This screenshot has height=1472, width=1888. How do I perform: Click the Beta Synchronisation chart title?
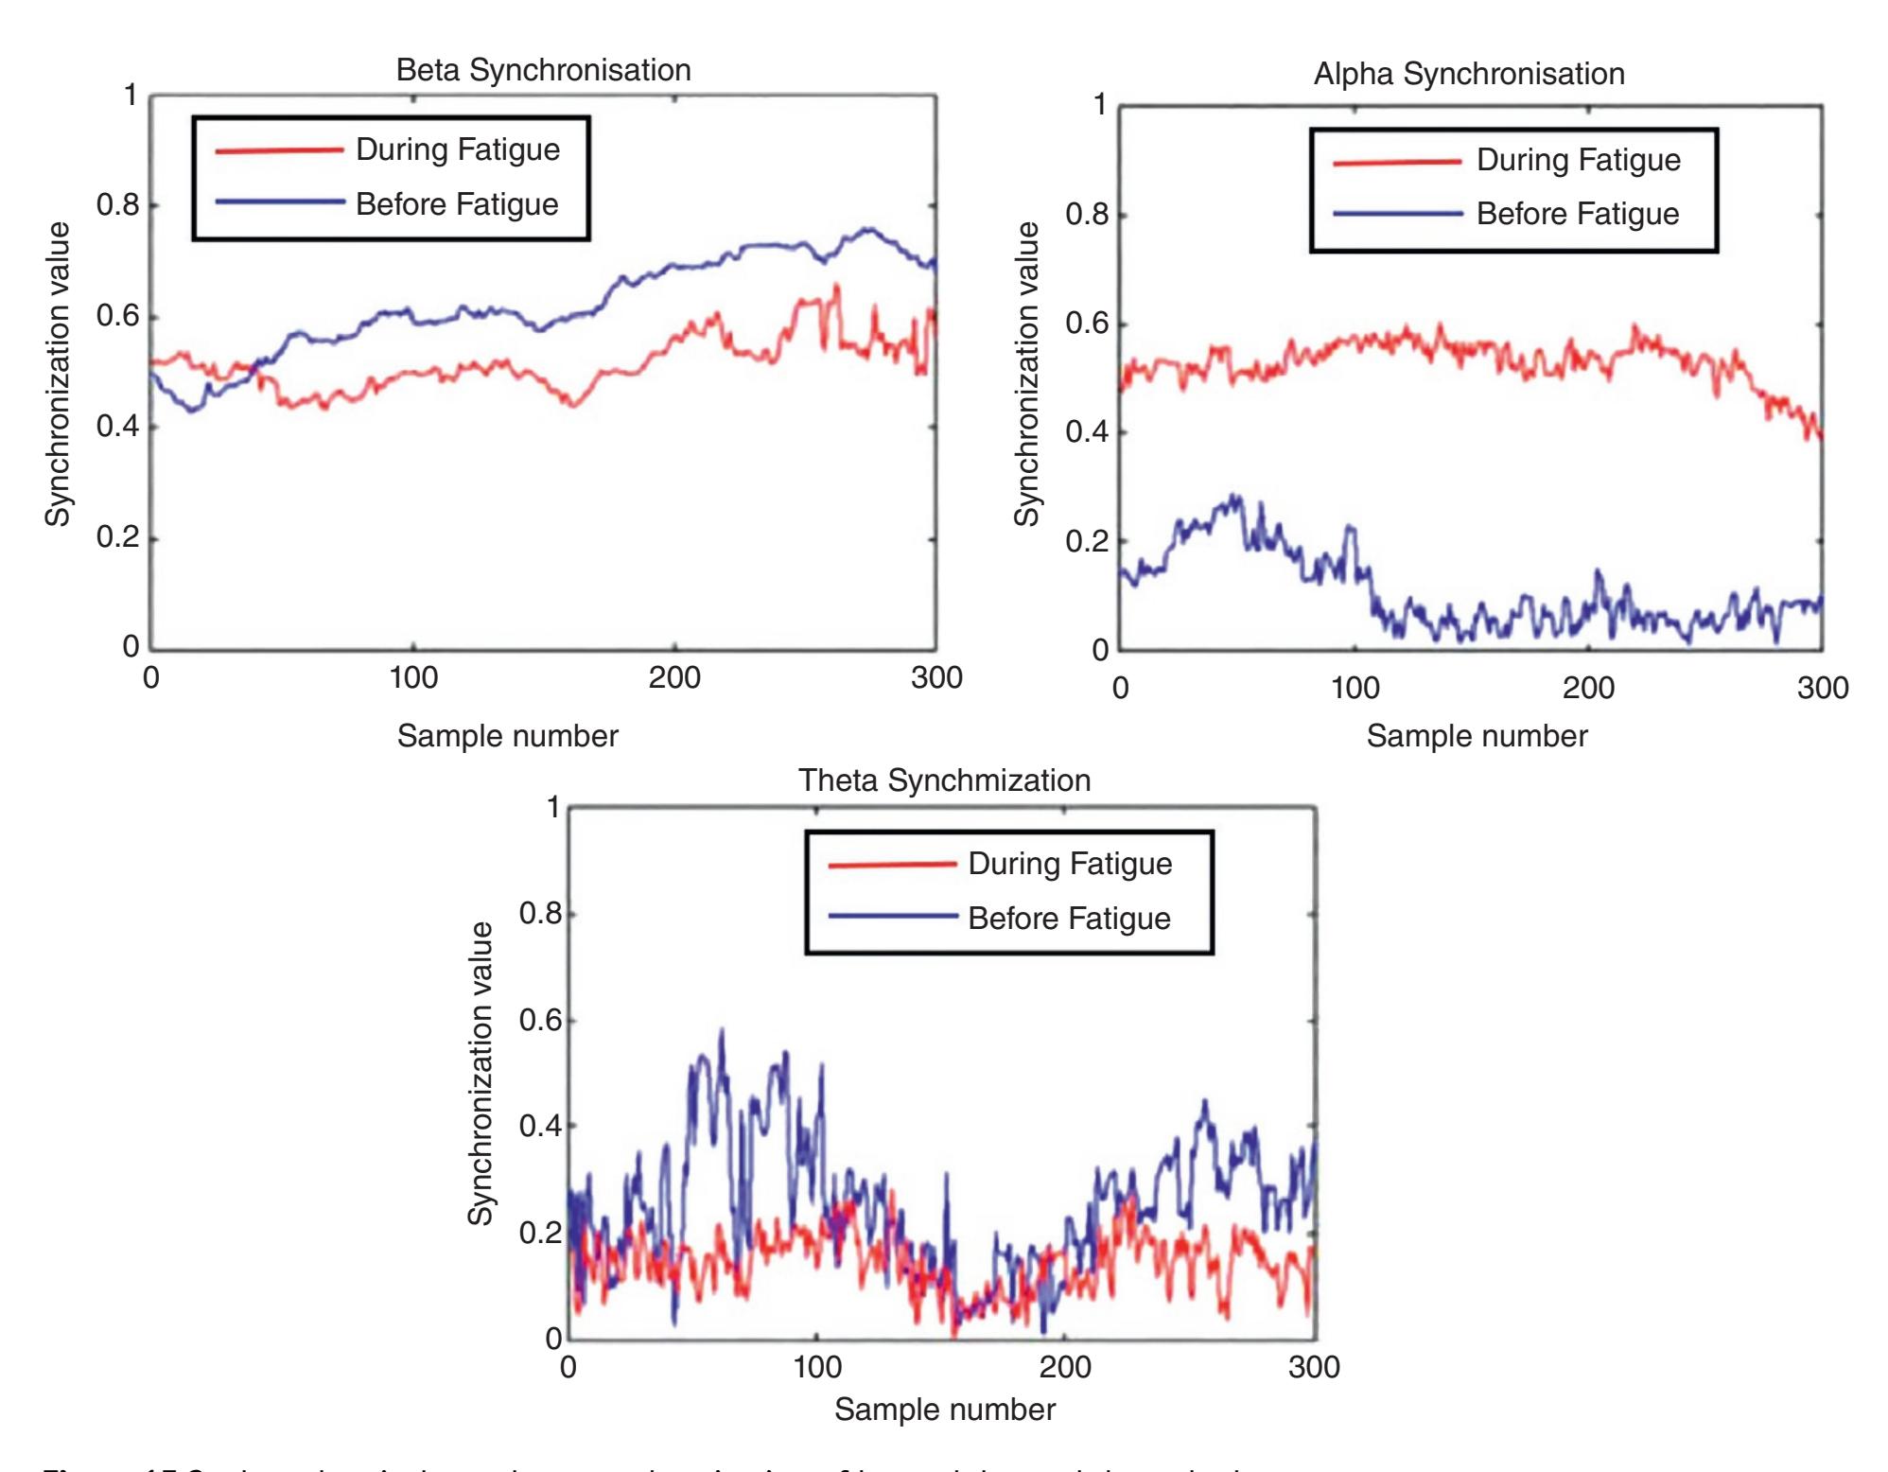click(543, 70)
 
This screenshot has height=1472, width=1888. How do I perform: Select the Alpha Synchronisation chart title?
click(1468, 74)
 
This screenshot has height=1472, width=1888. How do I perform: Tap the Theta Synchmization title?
click(944, 780)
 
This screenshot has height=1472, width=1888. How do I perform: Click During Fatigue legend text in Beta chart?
click(458, 149)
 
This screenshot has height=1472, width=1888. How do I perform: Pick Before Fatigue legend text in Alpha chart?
click(1578, 214)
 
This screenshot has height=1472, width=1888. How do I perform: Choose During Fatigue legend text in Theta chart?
click(1070, 864)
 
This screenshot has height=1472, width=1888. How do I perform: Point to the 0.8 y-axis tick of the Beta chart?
click(117, 205)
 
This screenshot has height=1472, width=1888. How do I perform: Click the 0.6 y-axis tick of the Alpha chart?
click(1086, 324)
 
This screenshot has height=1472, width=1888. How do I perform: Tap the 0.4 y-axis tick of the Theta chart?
click(540, 1127)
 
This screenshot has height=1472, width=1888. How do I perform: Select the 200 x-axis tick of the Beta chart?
click(674, 677)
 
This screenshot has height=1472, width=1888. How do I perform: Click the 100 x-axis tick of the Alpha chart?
click(1355, 688)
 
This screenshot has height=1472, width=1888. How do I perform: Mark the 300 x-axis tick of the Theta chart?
click(1314, 1367)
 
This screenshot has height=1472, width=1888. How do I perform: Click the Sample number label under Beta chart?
click(507, 736)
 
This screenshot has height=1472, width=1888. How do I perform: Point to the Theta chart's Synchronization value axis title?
click(481, 1073)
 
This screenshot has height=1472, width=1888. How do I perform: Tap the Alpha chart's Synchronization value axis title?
click(1026, 373)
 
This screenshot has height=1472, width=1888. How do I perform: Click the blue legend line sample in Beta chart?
click(278, 202)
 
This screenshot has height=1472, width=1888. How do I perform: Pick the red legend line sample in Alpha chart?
click(1396, 162)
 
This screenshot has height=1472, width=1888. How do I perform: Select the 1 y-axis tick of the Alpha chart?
click(1099, 105)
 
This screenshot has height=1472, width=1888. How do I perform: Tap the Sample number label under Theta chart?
click(944, 1410)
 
